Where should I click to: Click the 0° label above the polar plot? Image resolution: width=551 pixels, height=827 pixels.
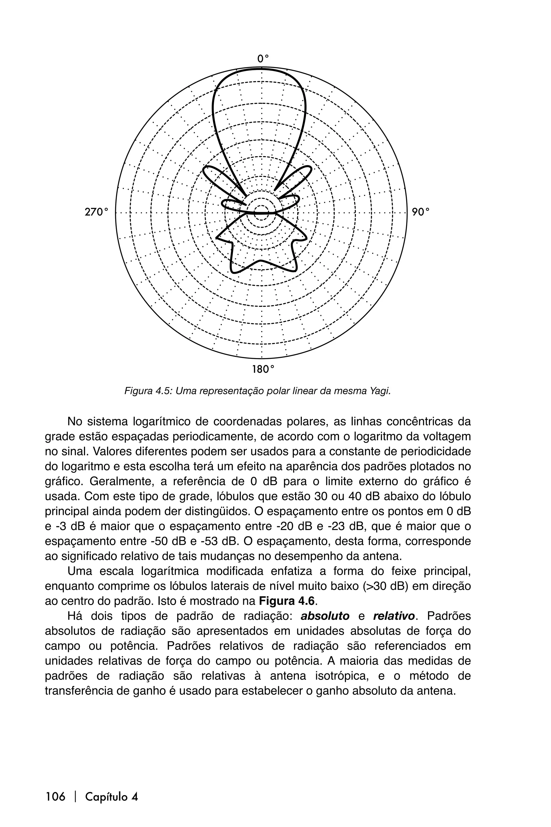coord(263,58)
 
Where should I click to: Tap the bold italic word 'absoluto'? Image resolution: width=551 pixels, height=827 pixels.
coord(325,616)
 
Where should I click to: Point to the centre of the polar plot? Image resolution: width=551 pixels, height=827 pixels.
coord(261,212)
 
